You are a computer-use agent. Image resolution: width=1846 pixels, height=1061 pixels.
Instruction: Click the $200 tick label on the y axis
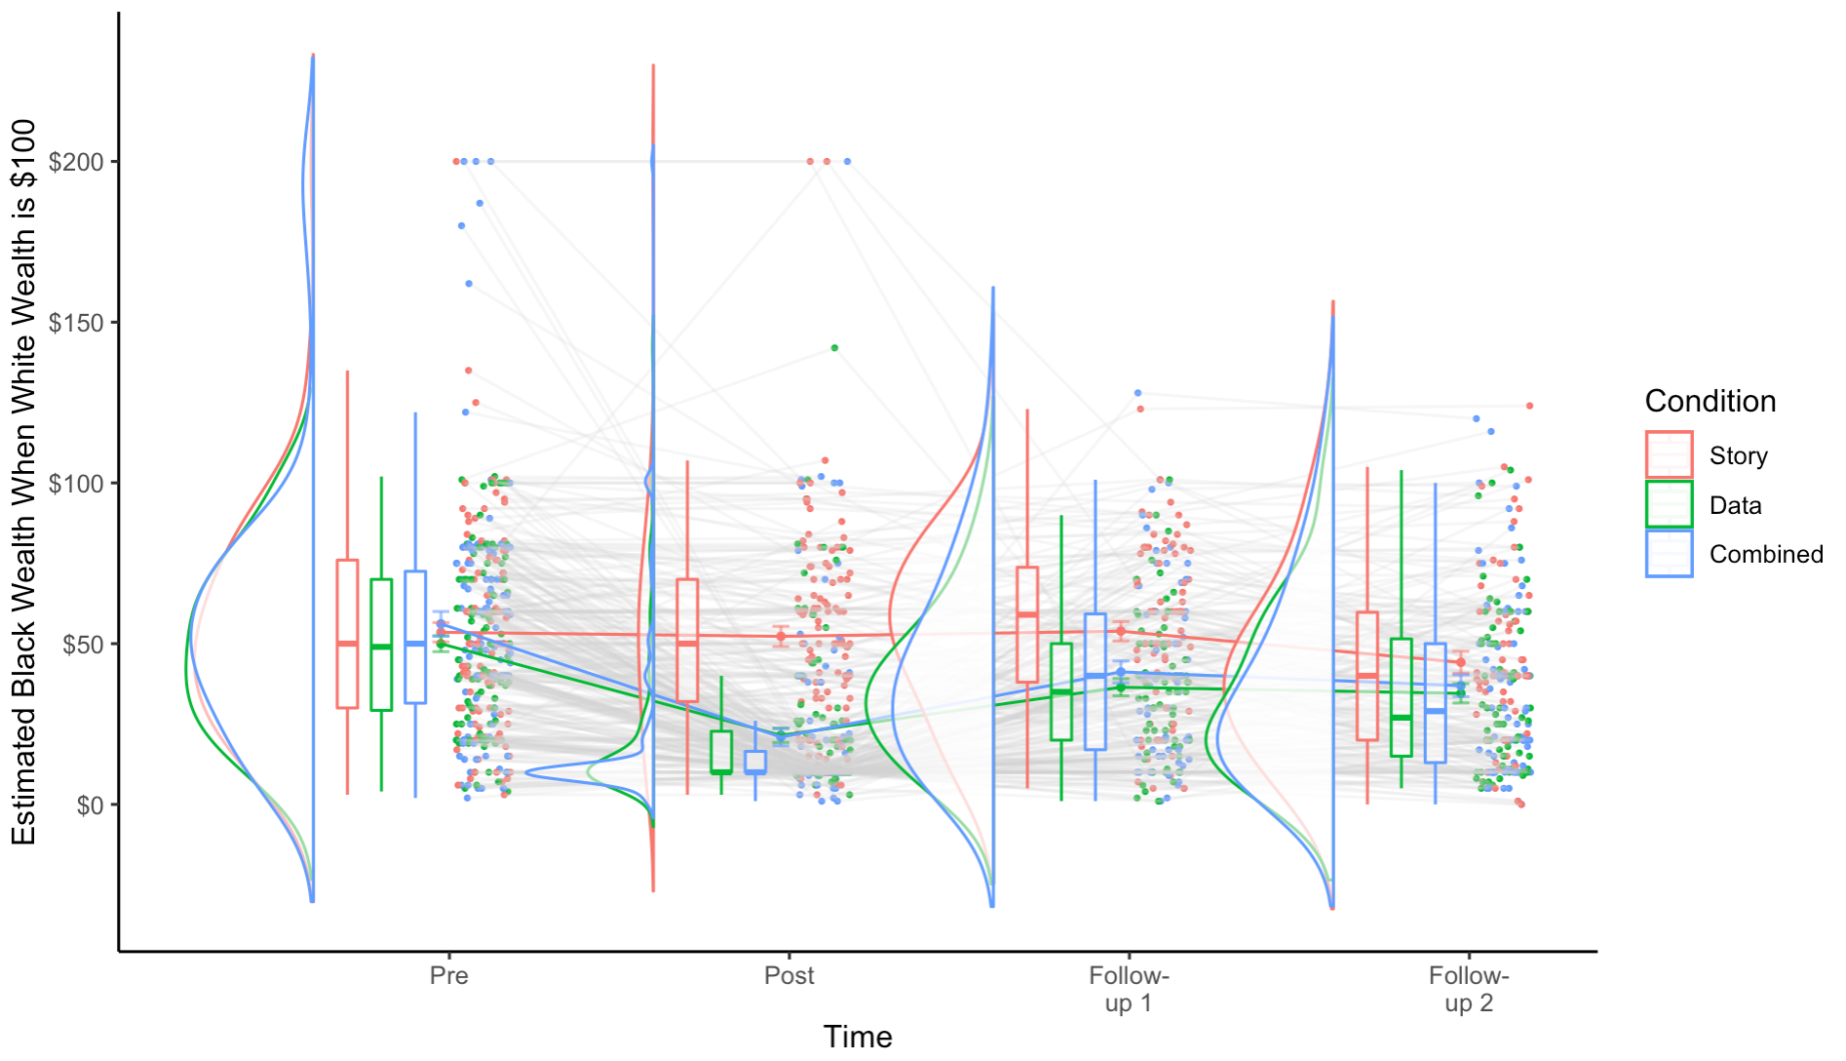coord(76,162)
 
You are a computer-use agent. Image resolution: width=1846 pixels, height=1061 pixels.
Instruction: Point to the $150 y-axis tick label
coord(76,323)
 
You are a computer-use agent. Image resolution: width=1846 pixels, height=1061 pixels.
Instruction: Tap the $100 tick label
coord(76,484)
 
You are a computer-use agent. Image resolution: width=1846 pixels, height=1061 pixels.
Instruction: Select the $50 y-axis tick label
coord(82,645)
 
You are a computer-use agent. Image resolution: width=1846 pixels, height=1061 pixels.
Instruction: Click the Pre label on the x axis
coord(448,976)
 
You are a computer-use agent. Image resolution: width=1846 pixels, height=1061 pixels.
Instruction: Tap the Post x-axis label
coord(788,976)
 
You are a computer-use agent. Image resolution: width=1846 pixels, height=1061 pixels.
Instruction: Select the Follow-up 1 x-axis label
coord(1129,989)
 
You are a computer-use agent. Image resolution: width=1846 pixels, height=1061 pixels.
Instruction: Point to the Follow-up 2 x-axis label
coord(1469,989)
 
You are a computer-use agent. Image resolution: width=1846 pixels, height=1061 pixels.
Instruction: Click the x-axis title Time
coord(858,1037)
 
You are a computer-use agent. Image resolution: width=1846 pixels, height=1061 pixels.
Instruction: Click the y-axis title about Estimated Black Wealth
coord(23,482)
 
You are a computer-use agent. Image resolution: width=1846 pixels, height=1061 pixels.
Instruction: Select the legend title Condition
coord(1710,401)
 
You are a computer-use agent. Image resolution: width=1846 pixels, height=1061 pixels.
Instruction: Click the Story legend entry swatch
coord(1669,455)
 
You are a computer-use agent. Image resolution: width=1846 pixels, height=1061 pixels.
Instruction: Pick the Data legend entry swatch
coord(1669,505)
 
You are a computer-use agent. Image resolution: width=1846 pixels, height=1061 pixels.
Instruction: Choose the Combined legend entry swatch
coord(1669,554)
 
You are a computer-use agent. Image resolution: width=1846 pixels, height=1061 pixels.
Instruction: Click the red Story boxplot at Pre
coord(347,634)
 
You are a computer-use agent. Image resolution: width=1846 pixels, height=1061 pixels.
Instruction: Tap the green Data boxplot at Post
coord(721,752)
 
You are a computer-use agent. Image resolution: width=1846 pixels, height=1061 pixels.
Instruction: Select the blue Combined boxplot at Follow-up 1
coord(1096,682)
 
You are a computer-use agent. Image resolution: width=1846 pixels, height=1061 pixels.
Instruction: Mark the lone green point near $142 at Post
coord(834,348)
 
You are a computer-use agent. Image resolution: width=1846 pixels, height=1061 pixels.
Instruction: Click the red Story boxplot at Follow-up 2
coord(1367,676)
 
